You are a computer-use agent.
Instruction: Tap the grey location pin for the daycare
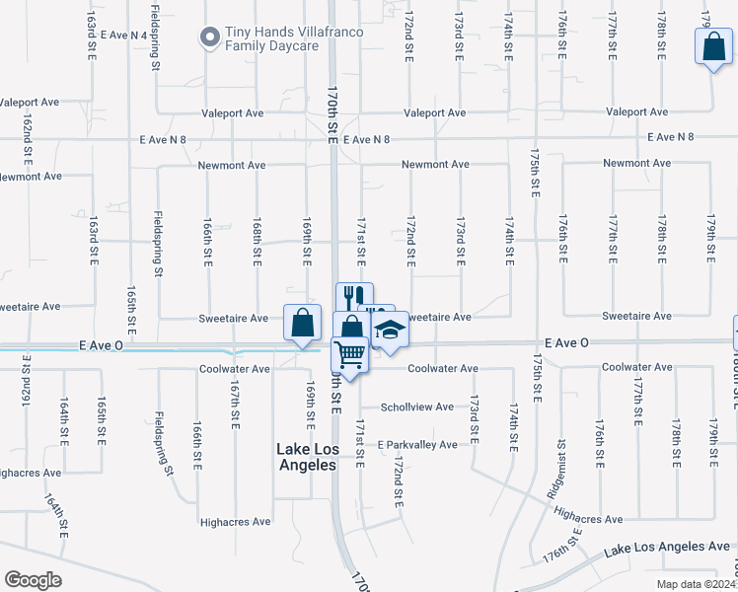209,38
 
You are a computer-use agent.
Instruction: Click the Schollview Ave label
417,407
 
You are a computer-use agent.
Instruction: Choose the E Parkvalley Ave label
417,445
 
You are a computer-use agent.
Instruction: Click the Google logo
34,580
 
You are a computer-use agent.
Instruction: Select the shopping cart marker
350,353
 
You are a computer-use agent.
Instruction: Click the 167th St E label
235,406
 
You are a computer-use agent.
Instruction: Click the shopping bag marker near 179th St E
712,46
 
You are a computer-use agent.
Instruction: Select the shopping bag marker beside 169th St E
302,323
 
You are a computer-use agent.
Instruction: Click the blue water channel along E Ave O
148,349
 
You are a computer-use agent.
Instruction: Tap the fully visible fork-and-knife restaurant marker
353,296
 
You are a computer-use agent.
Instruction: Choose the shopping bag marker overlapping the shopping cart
348,327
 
